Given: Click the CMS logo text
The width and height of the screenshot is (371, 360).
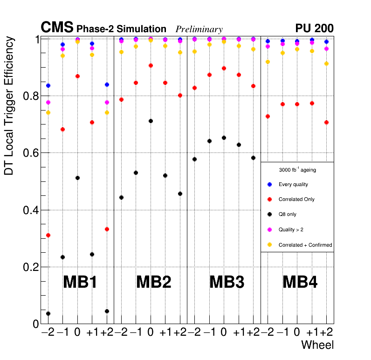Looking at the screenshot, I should coord(57,28).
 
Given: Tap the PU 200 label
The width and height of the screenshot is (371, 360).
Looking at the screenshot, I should coord(314,28).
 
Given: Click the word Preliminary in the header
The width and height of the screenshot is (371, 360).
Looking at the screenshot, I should coord(199,29).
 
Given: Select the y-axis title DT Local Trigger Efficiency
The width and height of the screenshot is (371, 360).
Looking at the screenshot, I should coord(9,106).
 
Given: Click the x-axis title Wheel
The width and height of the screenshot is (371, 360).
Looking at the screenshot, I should coord(317,345).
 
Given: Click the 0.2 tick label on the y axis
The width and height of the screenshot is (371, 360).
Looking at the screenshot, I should coord(30,267).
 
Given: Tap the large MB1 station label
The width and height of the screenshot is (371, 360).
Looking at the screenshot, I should coord(80,282).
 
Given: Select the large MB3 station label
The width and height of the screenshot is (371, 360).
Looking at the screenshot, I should coord(227,282).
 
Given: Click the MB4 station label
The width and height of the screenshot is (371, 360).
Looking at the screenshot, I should coord(300,282).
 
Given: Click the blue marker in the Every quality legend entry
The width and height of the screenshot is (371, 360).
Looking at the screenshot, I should coord(269,184).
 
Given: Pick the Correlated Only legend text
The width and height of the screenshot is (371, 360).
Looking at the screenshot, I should coord(296,200).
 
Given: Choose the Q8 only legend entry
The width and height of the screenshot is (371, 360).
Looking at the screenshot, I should coord(287,215).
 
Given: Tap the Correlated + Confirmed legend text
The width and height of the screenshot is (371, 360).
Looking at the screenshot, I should coord(305,245).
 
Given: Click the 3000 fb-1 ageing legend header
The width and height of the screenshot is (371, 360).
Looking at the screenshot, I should coord(297,170).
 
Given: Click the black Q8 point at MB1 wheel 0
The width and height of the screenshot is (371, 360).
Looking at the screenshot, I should coord(77,178).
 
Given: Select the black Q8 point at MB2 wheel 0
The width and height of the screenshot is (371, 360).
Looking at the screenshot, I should coord(151,121).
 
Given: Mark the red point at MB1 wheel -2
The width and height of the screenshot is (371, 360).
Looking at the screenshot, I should coord(48,235).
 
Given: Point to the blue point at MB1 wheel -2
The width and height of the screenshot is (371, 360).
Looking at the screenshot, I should coord(48,86).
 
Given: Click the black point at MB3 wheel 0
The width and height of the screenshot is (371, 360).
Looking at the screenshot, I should coord(224,138).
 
